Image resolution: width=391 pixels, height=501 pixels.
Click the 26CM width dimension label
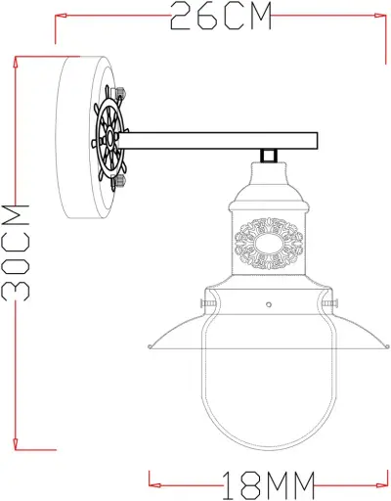pyautogui.click(x=220, y=17)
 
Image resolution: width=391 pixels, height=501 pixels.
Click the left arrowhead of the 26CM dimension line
pyautogui.click(x=59, y=17)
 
